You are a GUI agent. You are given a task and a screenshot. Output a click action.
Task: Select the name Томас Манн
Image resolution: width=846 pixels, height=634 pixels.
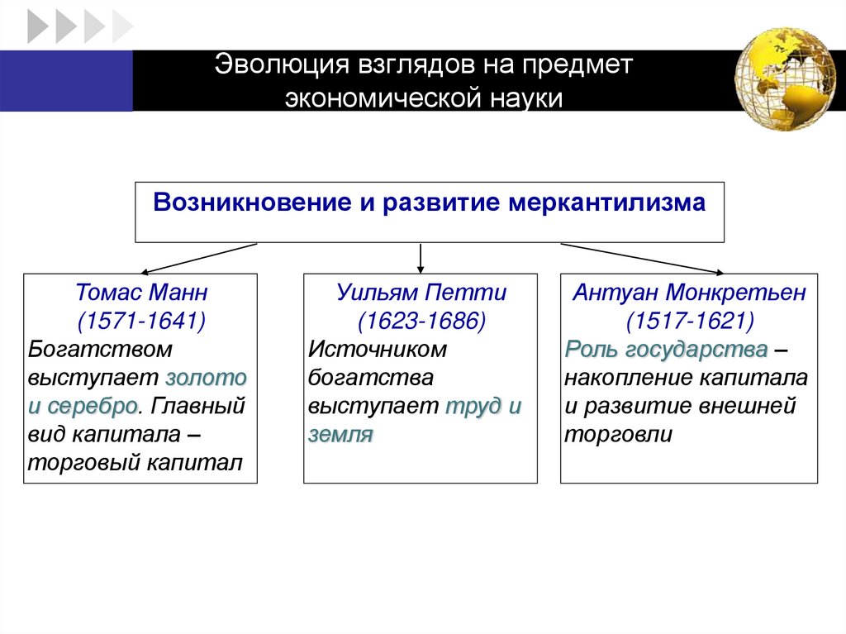click(140, 293)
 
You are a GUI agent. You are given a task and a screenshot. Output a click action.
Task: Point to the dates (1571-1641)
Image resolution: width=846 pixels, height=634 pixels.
click(140, 320)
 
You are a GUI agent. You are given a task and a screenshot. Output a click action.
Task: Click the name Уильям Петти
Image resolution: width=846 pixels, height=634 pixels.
click(421, 293)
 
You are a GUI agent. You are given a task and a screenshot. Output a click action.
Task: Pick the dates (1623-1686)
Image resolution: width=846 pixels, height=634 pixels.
click(421, 320)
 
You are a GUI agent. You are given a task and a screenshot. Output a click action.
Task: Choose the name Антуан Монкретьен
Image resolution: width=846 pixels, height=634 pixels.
click(688, 293)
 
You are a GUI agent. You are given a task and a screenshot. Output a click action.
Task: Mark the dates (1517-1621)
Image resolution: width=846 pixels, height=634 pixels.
click(688, 320)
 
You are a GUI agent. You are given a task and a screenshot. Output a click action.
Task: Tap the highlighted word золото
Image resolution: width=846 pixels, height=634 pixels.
click(207, 378)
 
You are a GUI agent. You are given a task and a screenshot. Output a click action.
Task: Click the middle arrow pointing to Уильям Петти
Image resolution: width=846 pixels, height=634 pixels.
click(421, 258)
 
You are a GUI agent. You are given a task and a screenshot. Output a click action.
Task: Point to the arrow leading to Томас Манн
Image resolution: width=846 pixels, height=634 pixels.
click(198, 258)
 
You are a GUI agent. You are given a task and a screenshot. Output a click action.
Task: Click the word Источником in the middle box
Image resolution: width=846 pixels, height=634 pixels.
click(378, 349)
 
